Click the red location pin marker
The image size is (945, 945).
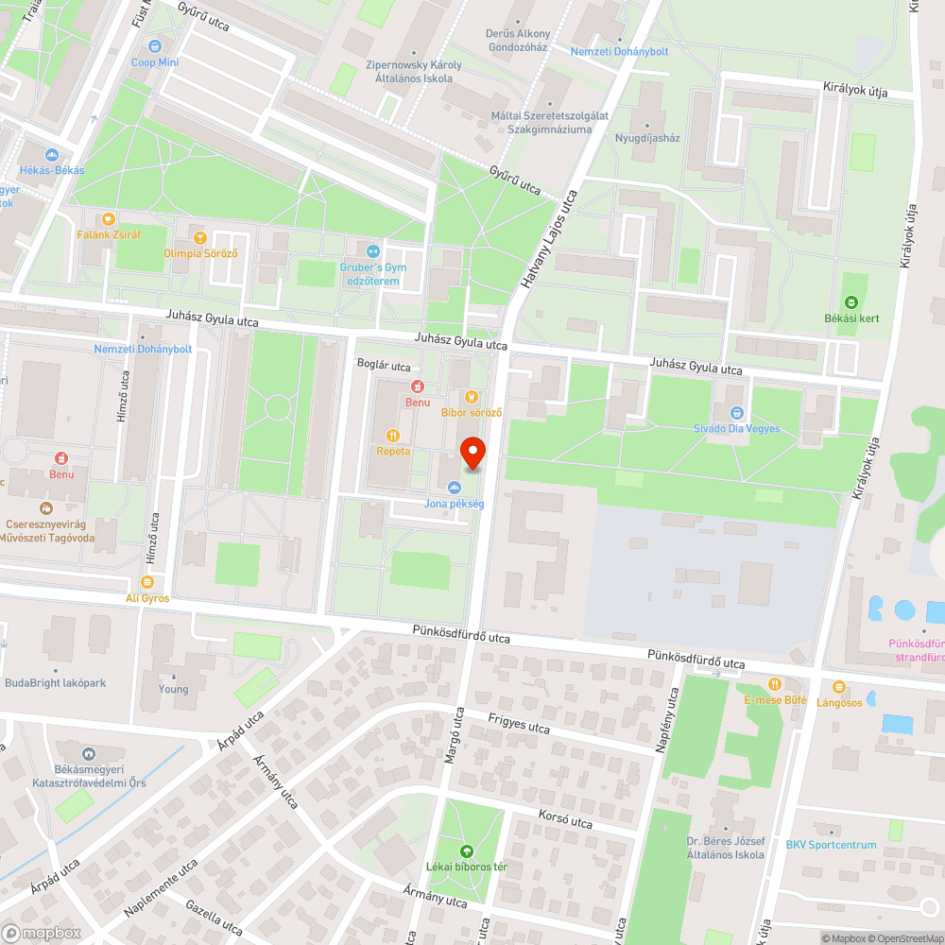click(x=472, y=452)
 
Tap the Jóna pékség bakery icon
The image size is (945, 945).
click(x=455, y=488)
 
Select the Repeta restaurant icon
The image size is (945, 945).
click(x=393, y=435)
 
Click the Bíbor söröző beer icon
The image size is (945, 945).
click(x=472, y=396)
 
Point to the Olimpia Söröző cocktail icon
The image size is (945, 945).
click(x=199, y=236)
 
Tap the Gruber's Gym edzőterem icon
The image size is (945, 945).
click(x=372, y=251)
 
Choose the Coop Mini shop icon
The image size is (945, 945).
click(x=155, y=45)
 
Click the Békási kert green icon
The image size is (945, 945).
click(x=850, y=302)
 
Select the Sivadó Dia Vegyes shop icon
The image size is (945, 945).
click(x=737, y=412)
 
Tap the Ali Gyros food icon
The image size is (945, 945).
click(x=147, y=582)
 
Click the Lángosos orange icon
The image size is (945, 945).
click(x=838, y=686)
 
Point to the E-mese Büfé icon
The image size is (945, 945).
click(x=775, y=683)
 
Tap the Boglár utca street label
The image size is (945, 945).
click(x=384, y=366)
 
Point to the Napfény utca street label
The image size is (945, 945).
click(x=668, y=720)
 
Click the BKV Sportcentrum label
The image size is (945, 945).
click(x=831, y=845)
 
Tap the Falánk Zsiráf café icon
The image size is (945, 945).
click(x=109, y=218)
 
